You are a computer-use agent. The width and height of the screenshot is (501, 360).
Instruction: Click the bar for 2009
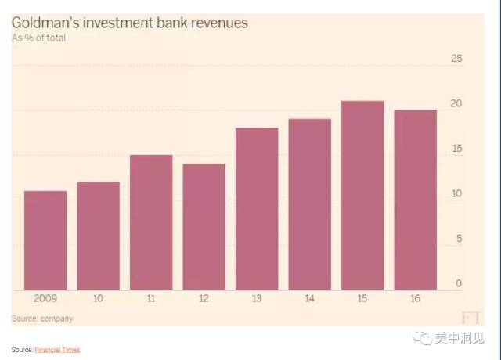click(45, 240)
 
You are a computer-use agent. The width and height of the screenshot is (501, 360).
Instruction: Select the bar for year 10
click(99, 236)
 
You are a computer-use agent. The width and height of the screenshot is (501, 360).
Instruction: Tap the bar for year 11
click(151, 222)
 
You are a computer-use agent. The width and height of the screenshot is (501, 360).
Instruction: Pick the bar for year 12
click(204, 227)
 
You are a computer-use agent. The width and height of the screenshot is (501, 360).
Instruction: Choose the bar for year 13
click(257, 209)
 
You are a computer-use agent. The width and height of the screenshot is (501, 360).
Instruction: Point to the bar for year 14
click(310, 204)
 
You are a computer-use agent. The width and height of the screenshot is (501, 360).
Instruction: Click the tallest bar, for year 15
click(362, 196)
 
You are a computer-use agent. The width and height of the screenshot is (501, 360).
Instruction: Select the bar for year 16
click(416, 200)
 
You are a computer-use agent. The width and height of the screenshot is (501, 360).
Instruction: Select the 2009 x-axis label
click(45, 299)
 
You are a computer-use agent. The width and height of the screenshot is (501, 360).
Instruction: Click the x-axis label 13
click(257, 299)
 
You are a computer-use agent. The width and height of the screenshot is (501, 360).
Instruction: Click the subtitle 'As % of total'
click(38, 38)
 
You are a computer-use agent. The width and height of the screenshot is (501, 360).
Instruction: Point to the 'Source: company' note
click(42, 318)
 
